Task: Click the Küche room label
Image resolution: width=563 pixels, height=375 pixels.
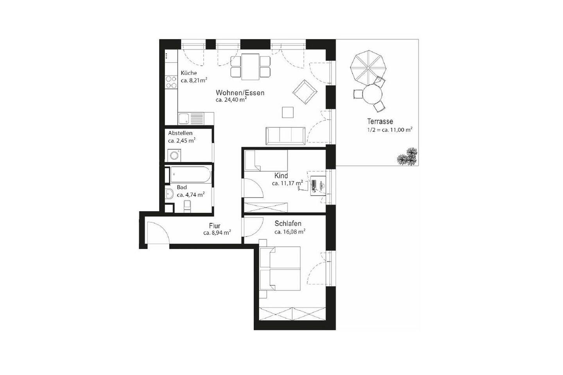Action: (x=189, y=73)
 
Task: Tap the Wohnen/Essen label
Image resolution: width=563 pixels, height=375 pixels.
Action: (x=240, y=93)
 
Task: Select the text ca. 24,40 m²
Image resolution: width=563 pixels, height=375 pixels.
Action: (x=231, y=100)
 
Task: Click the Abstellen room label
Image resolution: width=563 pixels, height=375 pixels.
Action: (x=180, y=133)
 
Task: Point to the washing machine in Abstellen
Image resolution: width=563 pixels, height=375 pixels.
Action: (x=174, y=156)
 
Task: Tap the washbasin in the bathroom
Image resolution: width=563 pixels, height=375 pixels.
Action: (x=169, y=194)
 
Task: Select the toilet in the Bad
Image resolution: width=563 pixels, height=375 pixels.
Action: (x=187, y=206)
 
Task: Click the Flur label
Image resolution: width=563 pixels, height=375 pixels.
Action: (x=215, y=226)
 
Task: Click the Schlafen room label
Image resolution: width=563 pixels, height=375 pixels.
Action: (x=288, y=224)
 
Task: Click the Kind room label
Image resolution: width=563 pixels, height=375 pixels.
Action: (x=281, y=176)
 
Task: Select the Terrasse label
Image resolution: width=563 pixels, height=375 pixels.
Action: (x=380, y=122)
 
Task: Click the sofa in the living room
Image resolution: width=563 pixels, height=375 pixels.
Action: (x=286, y=136)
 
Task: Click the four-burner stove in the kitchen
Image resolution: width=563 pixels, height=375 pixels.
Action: (x=171, y=82)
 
